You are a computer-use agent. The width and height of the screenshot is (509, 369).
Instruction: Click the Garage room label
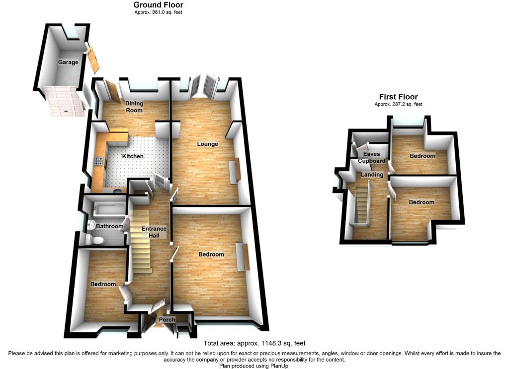tap(68, 62)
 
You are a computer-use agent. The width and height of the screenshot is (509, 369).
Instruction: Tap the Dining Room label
tap(134, 107)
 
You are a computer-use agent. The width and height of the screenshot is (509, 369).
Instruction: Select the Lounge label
tap(207, 144)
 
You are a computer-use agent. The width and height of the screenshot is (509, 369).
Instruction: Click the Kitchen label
tap(133, 156)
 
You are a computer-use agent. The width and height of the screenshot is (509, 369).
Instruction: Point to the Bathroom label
tap(109, 226)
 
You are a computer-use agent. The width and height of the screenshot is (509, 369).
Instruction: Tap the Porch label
tap(167, 320)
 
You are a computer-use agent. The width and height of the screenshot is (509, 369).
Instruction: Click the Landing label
tap(372, 175)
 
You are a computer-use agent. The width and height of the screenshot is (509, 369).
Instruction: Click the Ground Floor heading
tap(158, 5)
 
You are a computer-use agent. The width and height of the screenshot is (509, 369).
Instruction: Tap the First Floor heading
tap(398, 97)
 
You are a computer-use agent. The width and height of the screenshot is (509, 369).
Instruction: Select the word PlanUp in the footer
tap(279, 366)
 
